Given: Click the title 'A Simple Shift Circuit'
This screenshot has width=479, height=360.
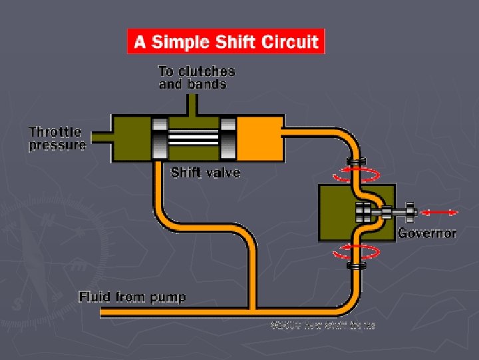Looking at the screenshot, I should click(226, 42).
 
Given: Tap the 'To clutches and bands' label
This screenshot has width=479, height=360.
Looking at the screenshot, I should click(196, 77).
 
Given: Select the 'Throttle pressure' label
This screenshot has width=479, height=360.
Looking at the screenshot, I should click(58, 139).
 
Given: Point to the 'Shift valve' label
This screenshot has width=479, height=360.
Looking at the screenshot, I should click(206, 173).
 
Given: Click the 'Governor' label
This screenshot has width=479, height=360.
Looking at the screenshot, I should click(427, 233).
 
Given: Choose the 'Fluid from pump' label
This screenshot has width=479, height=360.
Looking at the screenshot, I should click(132, 296).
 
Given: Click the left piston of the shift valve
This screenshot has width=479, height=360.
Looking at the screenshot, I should click(160, 138).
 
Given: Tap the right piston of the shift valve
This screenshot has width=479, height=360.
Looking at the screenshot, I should click(228, 138).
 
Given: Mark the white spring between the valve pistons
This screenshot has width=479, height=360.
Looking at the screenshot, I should click(194, 138).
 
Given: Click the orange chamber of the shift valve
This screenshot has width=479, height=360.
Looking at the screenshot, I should click(261, 138).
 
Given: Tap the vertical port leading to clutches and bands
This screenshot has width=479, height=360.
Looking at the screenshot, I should click(193, 104).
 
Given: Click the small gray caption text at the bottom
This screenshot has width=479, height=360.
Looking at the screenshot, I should click(323, 325).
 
